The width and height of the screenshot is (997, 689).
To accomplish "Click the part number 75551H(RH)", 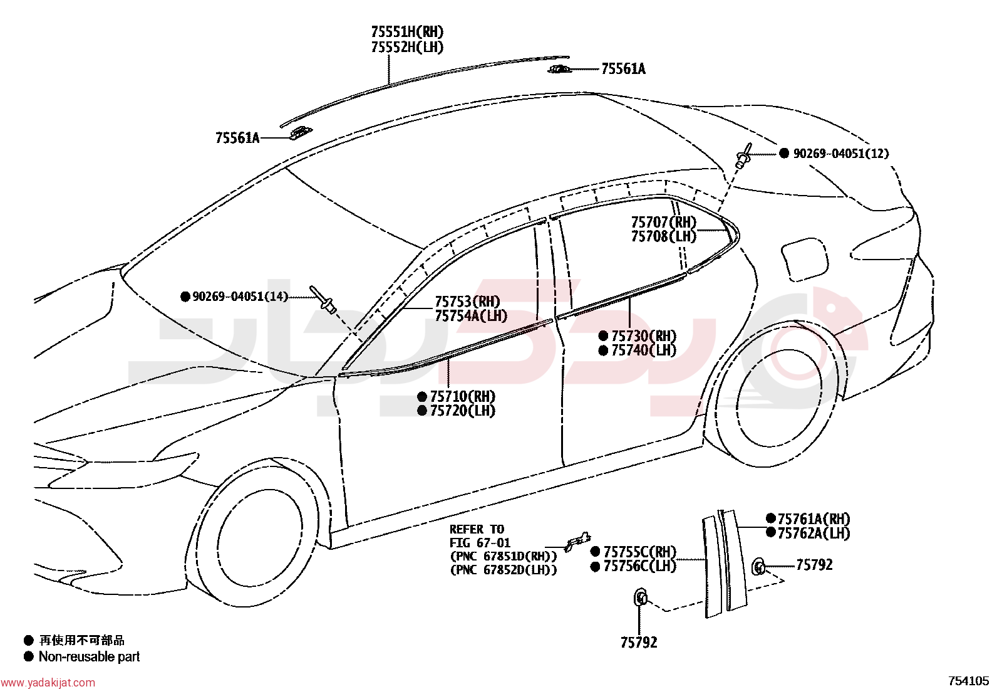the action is coord(407,32).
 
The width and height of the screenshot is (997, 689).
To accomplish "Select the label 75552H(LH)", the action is coord(407,47).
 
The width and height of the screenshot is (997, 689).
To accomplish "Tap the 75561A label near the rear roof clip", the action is coord(623,69).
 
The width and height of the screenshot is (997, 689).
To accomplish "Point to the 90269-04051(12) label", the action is coord(841,154).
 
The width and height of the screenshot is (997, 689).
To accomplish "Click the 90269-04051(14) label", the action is coord(240,297).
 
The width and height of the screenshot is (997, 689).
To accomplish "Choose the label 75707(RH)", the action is coord(664,222).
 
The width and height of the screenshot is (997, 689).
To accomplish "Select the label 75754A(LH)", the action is coord(471,316).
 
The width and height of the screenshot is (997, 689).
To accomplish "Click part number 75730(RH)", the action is coord(644,336).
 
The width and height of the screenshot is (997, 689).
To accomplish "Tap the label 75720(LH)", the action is coord(462,411).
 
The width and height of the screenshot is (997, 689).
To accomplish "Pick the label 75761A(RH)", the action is coord(814,518).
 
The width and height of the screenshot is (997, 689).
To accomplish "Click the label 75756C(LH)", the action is coord(639,567).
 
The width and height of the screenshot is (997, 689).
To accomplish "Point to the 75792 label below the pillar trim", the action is coord(639,643).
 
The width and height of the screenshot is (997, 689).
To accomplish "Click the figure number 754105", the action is coord(969,681).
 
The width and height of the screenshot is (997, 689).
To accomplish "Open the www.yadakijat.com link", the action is coord(48,683).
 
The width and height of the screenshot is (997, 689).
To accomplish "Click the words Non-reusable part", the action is coord(89,657).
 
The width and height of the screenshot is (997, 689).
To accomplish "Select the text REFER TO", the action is coord(477,530).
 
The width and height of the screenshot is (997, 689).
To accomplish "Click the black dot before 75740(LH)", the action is coord(603,350).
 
